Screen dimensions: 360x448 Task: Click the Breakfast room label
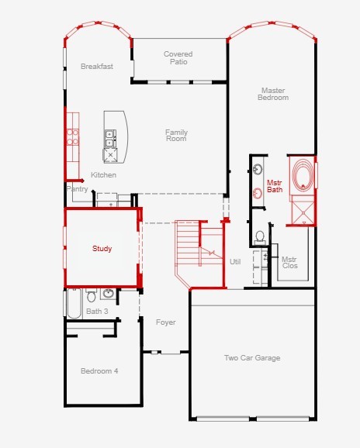pyautogui.click(x=97, y=67)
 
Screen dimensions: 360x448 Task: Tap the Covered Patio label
pyautogui.click(x=178, y=57)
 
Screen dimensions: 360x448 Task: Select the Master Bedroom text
pyautogui.click(x=273, y=94)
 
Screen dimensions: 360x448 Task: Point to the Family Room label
pyautogui.click(x=176, y=136)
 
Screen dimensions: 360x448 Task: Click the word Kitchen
pyautogui.click(x=103, y=175)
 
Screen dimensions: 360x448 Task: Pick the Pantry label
pyautogui.click(x=77, y=189)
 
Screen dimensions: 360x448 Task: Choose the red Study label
pyautogui.click(x=102, y=249)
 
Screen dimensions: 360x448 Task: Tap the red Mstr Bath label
pyautogui.click(x=275, y=186)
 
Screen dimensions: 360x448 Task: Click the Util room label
pyautogui.click(x=235, y=262)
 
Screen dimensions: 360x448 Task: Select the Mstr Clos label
pyautogui.click(x=289, y=263)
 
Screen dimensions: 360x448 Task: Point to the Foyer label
pyautogui.click(x=165, y=322)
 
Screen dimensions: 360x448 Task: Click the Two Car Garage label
pyautogui.click(x=252, y=358)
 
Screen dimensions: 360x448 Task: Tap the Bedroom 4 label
pyautogui.click(x=99, y=371)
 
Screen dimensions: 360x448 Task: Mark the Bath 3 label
pyautogui.click(x=97, y=311)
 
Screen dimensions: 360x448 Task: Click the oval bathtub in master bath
pyautogui.click(x=303, y=175)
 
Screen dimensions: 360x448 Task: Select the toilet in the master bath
pyautogui.click(x=260, y=238)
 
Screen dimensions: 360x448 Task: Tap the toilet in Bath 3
pyautogui.click(x=92, y=295)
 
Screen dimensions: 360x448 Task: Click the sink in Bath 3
pyautogui.click(x=109, y=294)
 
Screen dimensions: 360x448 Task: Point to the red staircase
pyautogui.click(x=199, y=253)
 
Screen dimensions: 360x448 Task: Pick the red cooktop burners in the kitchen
pyautogui.click(x=72, y=136)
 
